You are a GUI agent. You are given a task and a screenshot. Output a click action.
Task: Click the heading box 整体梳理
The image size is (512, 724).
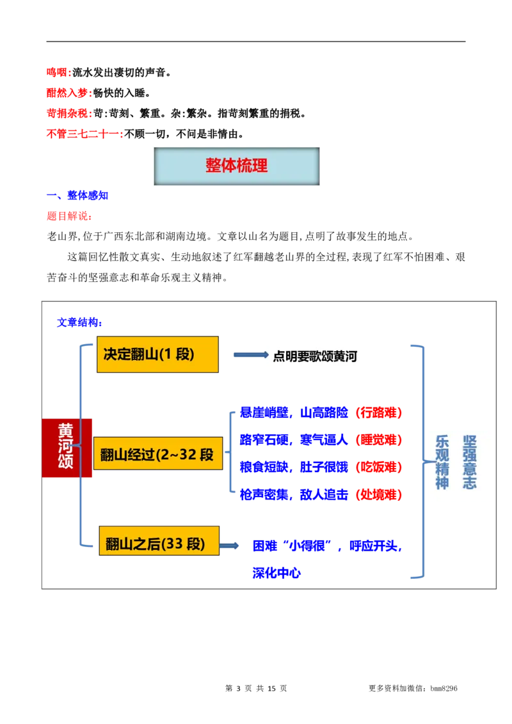[236, 166]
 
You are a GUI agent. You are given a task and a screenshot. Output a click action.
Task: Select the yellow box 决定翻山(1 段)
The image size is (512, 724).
[157, 354]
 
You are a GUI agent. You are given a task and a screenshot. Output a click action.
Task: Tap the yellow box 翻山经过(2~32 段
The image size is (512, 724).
[157, 455]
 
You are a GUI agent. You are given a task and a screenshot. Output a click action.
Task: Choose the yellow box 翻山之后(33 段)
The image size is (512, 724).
[157, 544]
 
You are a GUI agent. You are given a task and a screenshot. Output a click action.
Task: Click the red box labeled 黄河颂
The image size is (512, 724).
[66, 448]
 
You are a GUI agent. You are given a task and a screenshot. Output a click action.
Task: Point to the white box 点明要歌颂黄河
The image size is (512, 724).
[330, 354]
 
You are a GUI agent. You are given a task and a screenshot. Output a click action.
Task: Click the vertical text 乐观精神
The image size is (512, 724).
[442, 462]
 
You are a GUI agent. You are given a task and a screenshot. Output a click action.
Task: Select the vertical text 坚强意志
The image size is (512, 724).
[470, 462]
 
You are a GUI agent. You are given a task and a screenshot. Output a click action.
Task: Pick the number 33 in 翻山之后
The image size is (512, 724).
[174, 544]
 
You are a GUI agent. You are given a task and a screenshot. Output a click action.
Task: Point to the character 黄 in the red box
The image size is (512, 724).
[66, 429]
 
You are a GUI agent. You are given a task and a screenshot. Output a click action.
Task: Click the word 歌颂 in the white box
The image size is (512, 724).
[321, 356]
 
